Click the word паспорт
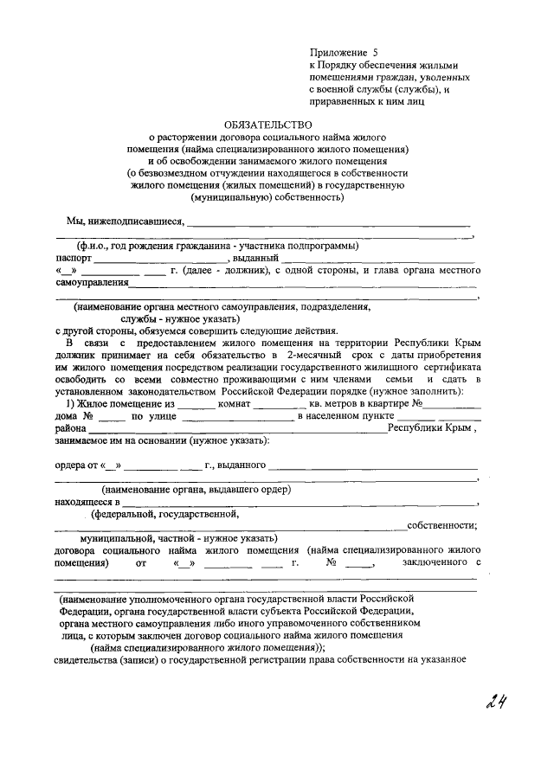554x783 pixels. pos(74,258)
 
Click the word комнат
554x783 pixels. pos(235,403)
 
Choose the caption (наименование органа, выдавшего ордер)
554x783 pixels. pos(196,489)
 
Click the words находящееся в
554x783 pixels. pos(87,502)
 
